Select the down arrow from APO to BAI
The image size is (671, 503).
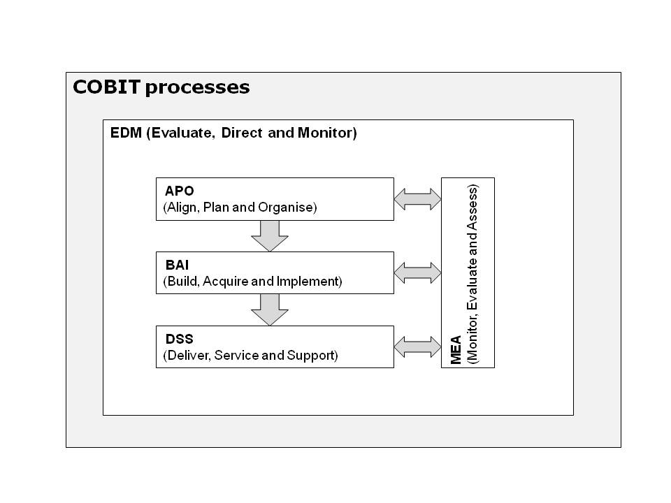[269, 235]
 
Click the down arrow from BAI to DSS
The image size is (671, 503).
[269, 309]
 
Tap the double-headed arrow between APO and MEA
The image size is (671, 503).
[417, 199]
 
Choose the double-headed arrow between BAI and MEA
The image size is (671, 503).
[417, 272]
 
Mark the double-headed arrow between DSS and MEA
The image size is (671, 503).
[417, 347]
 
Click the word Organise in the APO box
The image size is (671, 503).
[291, 207]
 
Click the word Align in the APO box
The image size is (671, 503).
[179, 207]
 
